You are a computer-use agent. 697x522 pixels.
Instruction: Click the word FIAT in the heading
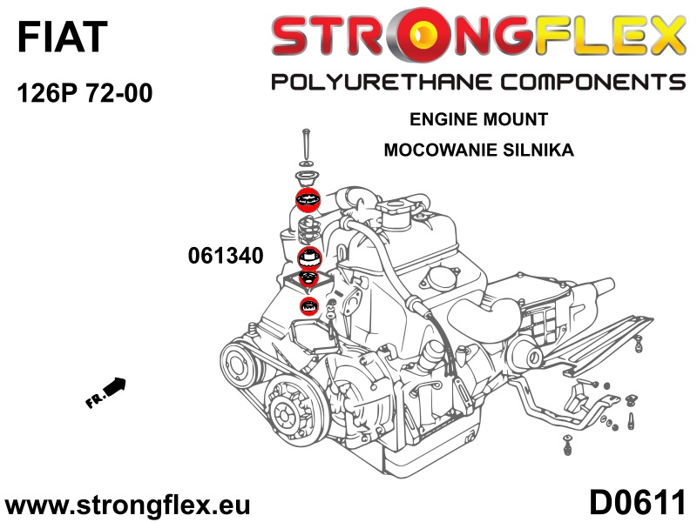pos(62,37)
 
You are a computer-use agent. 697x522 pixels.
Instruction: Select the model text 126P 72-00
pos(85,93)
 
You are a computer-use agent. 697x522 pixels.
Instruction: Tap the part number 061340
pos(226,256)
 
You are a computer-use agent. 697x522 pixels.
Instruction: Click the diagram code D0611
pos(637,503)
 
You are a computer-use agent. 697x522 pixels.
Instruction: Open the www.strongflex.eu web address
pos(127,505)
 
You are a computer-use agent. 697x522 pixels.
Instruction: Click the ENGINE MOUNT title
pos(478,119)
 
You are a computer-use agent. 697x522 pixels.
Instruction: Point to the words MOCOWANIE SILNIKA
pos(478,150)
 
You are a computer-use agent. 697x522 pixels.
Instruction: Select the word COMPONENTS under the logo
pos(593,82)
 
